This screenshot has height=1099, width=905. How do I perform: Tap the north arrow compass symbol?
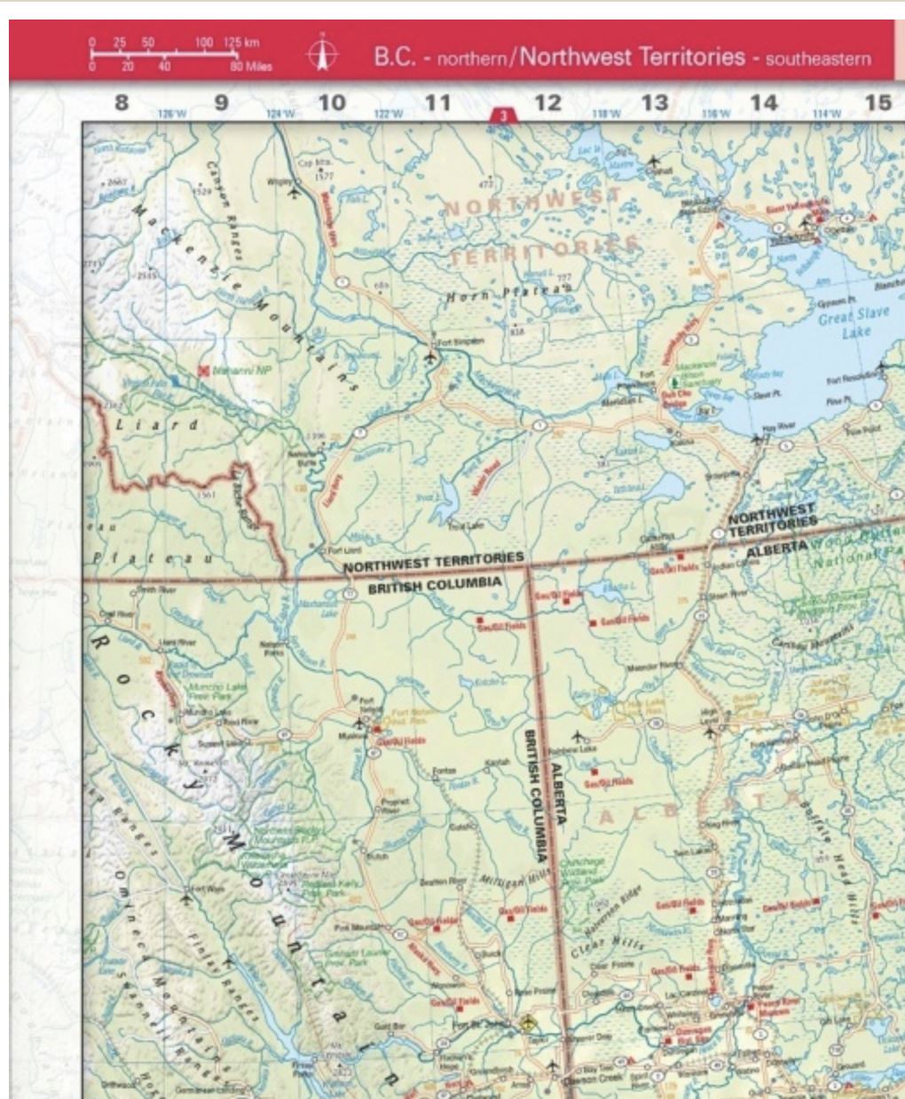322,54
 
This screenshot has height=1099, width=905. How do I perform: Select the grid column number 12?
547,103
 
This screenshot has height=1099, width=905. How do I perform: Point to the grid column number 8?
122,103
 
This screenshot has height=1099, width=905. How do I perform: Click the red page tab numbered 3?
503,115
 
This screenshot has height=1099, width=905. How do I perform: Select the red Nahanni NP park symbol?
205,369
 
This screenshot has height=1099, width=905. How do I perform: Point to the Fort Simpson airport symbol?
430,357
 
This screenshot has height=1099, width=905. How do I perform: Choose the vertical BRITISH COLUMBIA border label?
535,795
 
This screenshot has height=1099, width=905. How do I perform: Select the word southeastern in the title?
817,59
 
